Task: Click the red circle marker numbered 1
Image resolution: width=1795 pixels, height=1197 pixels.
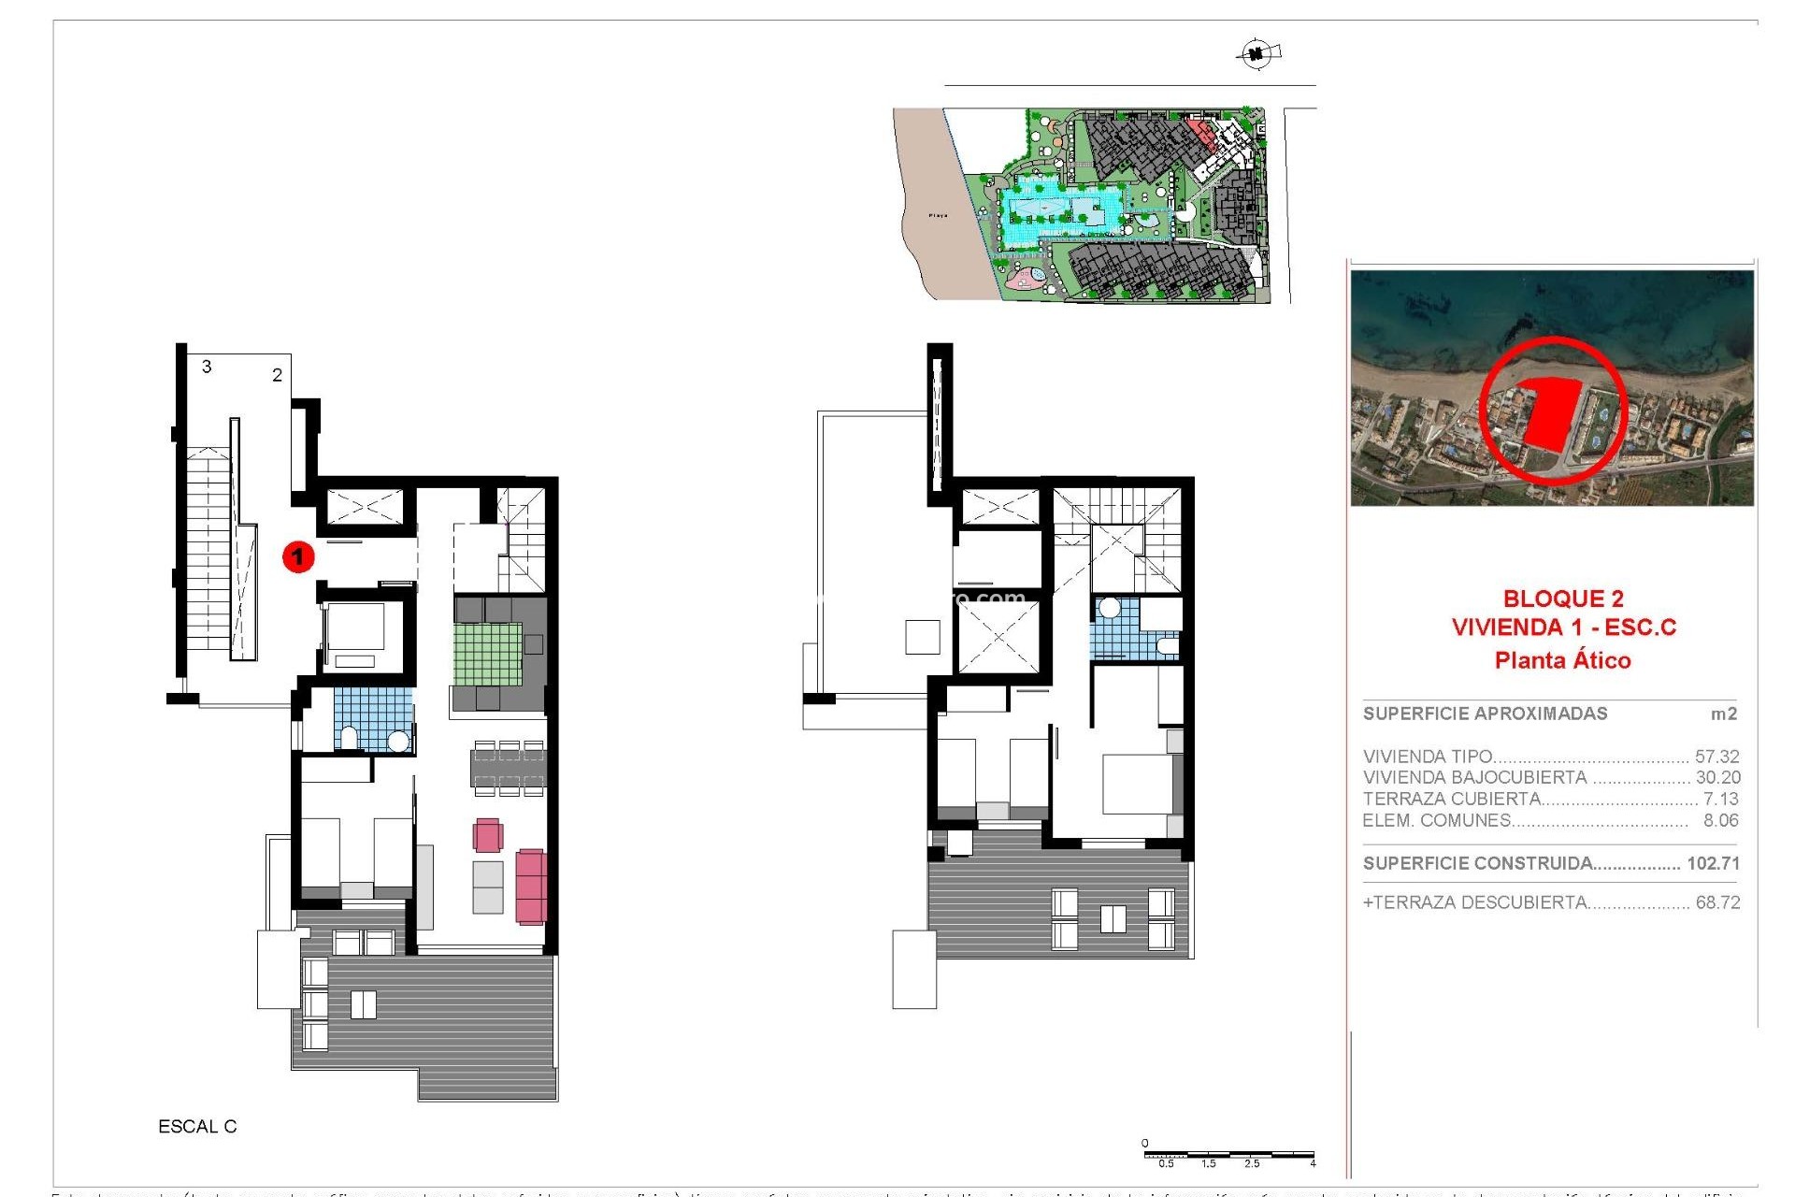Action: click(298, 557)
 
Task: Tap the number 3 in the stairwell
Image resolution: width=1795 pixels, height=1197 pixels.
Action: click(207, 367)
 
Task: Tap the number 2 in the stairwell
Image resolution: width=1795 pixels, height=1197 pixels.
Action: click(277, 375)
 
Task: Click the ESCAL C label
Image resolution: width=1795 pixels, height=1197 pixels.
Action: click(197, 1127)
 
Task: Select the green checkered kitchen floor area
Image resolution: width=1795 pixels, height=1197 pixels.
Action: click(487, 654)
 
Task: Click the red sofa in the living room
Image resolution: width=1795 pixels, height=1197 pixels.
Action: click(531, 886)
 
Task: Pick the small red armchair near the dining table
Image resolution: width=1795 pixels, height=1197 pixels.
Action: click(487, 834)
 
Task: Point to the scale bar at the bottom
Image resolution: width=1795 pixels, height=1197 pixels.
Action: click(1228, 1156)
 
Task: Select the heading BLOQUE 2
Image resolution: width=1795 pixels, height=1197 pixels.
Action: click(1562, 598)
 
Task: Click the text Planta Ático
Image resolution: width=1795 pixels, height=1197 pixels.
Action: click(1562, 660)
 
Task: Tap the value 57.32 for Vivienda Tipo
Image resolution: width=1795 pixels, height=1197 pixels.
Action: click(1716, 757)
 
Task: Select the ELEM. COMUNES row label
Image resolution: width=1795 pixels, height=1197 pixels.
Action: click(1436, 820)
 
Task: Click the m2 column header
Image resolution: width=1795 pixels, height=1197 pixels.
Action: click(1723, 714)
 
